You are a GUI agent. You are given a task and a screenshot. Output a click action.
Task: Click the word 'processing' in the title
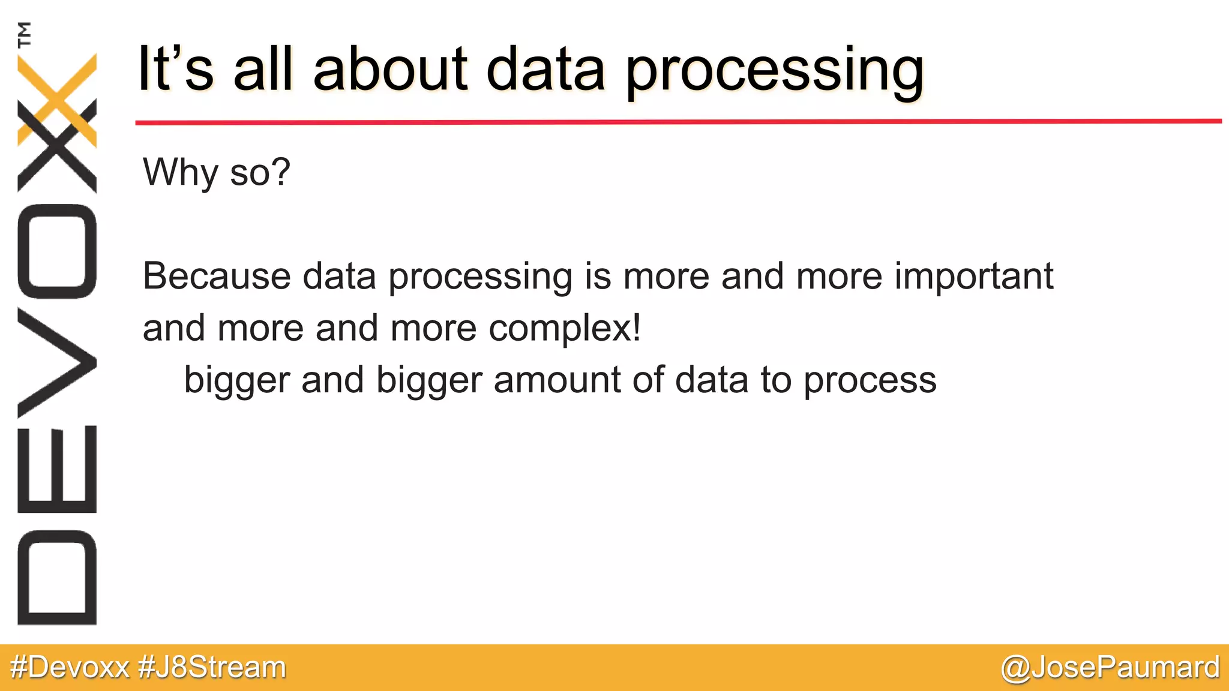(774, 72)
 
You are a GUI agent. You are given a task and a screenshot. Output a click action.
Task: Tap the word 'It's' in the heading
(175, 69)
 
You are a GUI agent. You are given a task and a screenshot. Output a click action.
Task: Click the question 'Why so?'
(216, 172)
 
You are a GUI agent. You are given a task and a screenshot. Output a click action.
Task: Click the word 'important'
(973, 277)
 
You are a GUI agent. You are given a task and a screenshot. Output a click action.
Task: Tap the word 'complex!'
(565, 329)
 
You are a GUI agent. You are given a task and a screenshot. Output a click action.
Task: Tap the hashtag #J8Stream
(212, 667)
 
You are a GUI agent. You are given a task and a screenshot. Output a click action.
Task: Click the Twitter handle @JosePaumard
(1110, 667)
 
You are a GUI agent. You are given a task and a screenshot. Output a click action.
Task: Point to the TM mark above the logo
(24, 34)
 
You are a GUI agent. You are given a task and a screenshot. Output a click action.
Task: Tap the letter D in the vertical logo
(57, 577)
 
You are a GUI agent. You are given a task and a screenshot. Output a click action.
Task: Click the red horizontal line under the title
(678, 122)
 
